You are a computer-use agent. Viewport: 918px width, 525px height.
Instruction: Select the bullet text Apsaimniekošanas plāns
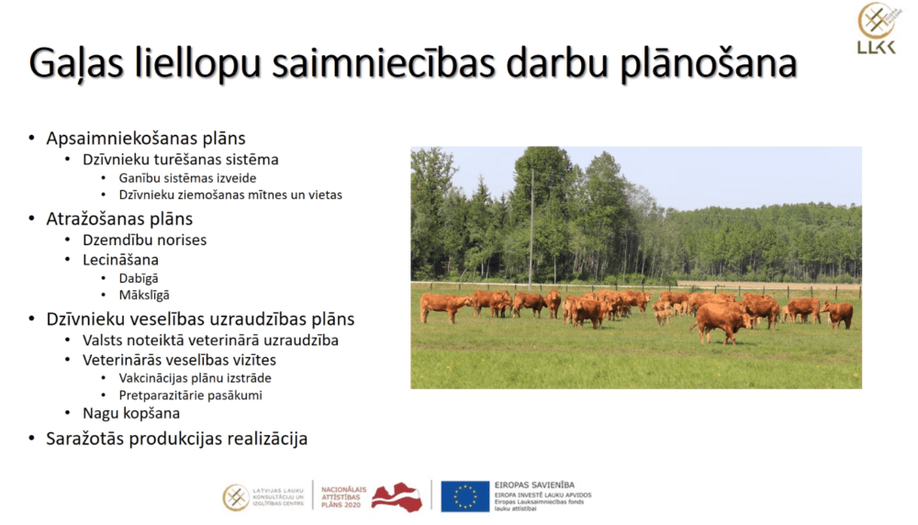point(146,139)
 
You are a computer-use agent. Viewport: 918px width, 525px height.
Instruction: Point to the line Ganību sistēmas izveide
point(187,178)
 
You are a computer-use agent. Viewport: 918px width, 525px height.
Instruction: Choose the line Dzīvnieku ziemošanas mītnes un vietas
point(230,195)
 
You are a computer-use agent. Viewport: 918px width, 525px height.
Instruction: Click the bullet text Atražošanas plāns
point(119,219)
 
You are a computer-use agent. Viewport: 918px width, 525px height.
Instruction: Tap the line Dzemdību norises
point(144,240)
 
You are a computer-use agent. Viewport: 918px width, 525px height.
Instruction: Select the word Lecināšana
point(120,260)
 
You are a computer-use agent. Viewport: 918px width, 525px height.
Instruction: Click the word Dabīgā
point(139,278)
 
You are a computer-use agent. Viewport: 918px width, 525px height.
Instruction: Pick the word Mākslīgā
point(144,296)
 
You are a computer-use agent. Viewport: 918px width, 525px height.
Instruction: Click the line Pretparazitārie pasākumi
point(190,396)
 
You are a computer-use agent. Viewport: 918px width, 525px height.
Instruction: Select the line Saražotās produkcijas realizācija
point(176,439)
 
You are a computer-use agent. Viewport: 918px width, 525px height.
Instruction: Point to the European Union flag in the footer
point(465,497)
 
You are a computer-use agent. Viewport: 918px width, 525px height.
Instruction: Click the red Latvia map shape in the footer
point(396,497)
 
